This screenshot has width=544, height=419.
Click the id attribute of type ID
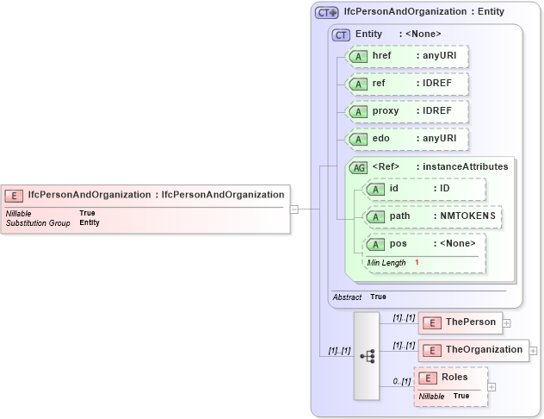423,189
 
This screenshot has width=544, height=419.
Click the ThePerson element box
460,322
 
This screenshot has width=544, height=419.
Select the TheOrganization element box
473,350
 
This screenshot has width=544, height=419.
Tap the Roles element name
455,378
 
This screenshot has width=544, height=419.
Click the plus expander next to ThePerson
506,323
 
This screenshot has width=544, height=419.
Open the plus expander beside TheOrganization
534,351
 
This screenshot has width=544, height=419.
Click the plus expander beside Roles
492,386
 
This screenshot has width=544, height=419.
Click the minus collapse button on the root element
294,209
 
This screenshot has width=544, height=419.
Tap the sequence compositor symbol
367,356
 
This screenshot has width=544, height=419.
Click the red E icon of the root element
15,195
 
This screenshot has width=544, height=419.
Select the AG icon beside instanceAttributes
358,167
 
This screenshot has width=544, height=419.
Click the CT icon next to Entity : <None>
341,34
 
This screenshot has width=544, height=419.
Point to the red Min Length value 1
417,262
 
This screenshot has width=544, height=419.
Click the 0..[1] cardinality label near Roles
401,380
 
